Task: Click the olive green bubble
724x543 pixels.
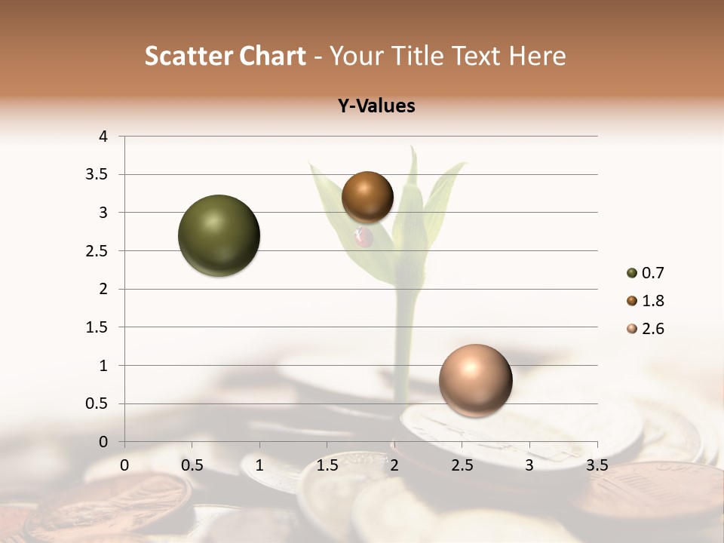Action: point(219,235)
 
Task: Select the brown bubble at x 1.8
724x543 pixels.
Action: point(367,197)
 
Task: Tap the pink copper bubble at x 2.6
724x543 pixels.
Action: point(475,380)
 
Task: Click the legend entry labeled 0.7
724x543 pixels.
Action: point(645,273)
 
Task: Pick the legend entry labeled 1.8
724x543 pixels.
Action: point(645,301)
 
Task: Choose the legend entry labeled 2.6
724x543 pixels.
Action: point(645,329)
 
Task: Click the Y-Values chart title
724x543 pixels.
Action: point(376,106)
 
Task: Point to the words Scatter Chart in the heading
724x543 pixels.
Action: point(225,56)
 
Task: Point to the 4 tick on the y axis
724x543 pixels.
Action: point(103,137)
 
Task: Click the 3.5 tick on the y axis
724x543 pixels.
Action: point(99,174)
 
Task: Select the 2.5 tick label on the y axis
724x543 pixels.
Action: point(99,251)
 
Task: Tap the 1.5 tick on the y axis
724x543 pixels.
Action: point(99,327)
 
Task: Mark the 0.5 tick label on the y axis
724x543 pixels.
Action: point(99,404)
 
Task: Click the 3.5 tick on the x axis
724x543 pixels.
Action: point(597,465)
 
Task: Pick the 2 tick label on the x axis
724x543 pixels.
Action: point(394,465)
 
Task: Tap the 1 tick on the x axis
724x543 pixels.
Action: point(259,465)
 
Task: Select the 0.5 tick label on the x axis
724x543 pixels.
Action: point(192,465)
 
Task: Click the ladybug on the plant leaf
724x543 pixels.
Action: point(364,238)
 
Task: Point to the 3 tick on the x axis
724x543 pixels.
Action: point(529,465)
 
